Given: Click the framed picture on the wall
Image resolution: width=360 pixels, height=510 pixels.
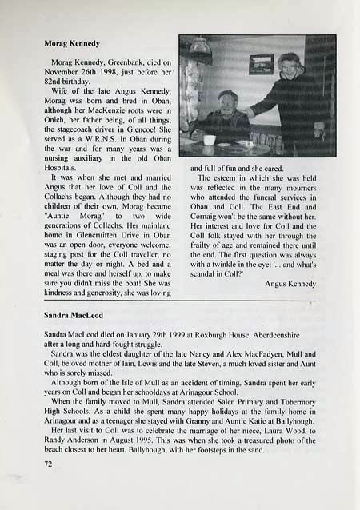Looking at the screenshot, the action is (x=261, y=64).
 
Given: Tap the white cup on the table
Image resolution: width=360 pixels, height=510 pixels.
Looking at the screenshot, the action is (x=209, y=140).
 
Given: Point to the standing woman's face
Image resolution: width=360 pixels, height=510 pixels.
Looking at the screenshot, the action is (x=290, y=65).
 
